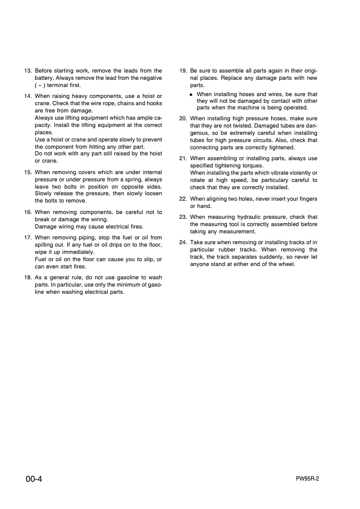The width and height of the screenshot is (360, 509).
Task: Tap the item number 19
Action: tap(183, 71)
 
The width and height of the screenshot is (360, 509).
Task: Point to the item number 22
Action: tap(183, 199)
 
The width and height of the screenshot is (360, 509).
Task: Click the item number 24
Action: tap(183, 242)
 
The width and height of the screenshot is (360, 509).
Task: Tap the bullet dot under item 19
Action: tap(191, 95)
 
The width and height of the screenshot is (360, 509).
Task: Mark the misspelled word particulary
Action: tap(284, 180)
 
